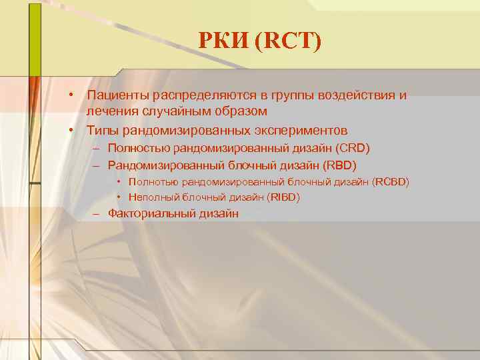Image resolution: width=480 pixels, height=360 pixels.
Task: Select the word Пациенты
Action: tap(117, 95)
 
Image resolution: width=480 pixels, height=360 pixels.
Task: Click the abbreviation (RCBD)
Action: tap(391, 181)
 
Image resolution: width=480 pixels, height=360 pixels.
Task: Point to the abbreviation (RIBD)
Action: tap(283, 197)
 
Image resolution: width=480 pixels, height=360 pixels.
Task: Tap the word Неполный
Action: tap(150, 197)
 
